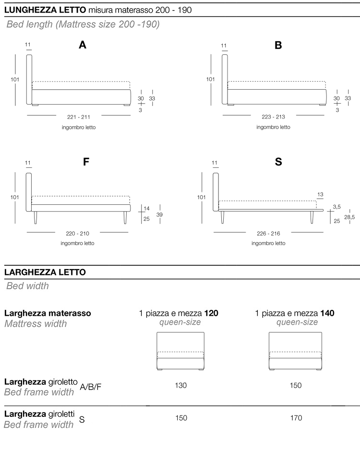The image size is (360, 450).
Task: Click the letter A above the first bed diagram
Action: click(x=83, y=45)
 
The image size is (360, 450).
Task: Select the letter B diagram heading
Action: click(x=278, y=45)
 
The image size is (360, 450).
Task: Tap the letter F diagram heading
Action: click(x=86, y=162)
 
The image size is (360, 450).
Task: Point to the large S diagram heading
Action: click(x=278, y=162)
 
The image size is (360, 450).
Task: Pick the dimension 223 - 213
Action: click(x=273, y=117)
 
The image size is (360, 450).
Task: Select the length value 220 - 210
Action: click(x=77, y=233)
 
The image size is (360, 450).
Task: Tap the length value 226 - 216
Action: click(x=268, y=233)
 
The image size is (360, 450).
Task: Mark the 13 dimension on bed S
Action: click(x=320, y=194)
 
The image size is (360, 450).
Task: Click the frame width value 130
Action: click(x=181, y=385)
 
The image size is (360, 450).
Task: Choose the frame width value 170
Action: click(x=296, y=418)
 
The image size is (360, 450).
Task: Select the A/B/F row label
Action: click(x=91, y=387)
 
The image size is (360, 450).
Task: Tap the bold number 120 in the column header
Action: click(x=211, y=313)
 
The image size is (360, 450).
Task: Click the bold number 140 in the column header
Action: click(x=328, y=313)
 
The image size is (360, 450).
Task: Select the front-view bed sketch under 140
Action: click(x=295, y=352)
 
